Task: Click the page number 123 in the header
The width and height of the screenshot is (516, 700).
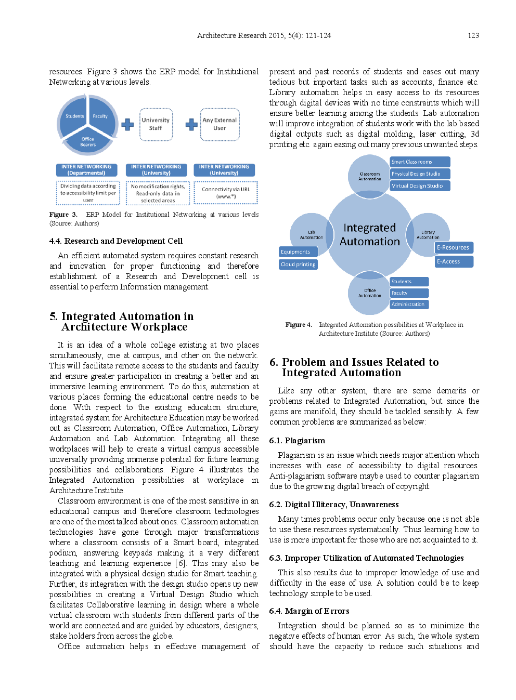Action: pos(473,35)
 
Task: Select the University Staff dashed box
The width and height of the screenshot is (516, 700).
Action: pos(156,124)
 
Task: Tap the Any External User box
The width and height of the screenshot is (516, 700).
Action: pos(220,124)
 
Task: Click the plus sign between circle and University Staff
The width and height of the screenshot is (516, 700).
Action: pos(127,125)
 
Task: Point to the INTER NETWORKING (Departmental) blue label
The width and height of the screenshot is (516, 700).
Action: pos(86,170)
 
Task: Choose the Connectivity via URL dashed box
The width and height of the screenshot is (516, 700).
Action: pos(226,193)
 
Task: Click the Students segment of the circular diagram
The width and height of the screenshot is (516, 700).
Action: pos(74,116)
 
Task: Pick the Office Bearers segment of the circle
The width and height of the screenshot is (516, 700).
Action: pos(88,141)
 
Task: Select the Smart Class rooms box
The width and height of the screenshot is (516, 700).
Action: pos(419,162)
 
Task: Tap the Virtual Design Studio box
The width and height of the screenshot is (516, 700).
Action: pos(419,186)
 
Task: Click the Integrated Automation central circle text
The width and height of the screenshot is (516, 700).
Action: pos(369,234)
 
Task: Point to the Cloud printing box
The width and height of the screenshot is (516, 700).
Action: pos(298,265)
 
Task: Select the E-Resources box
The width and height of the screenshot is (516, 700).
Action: pos(453,248)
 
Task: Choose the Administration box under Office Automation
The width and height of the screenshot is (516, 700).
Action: pos(409,305)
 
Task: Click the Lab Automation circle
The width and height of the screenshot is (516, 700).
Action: pos(311,234)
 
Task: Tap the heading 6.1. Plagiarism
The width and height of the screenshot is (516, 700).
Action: pos(297,441)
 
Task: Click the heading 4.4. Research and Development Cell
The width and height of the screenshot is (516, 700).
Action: pos(116,241)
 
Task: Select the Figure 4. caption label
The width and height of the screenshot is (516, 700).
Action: pos(298,325)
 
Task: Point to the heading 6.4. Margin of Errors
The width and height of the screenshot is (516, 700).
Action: pos(309,611)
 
